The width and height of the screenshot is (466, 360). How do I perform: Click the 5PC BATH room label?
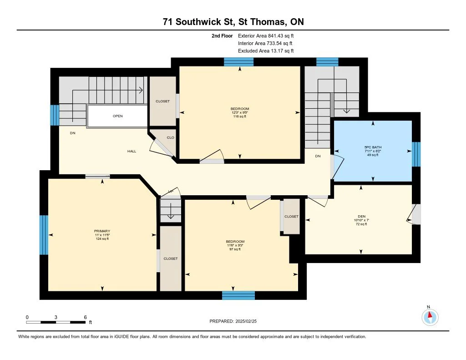pos(373,147)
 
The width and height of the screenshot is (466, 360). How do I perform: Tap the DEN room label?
pos(361,216)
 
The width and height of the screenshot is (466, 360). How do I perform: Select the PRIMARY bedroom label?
pos(102,231)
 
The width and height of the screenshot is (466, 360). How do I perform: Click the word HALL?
pos(132,151)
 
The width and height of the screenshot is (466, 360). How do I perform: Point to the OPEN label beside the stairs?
pos(117,116)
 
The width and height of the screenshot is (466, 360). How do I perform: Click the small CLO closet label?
pos(170,137)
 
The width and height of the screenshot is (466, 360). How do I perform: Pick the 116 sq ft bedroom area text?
pos(239,117)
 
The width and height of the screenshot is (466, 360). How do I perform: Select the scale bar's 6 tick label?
pos(85,317)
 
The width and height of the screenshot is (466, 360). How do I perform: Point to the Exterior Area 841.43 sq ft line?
pos(269,35)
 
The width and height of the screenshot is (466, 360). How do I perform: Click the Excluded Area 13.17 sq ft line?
pos(266,51)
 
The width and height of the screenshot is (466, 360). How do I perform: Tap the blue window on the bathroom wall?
pos(416,154)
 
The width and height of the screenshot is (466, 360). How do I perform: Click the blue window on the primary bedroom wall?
pos(44,235)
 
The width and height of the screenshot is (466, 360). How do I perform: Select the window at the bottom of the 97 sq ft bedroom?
pos(238,295)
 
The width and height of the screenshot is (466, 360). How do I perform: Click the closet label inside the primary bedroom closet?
pos(170,259)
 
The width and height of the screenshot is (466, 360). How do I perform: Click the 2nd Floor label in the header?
pos(223,35)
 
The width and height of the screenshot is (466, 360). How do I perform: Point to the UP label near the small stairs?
pos(171,191)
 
